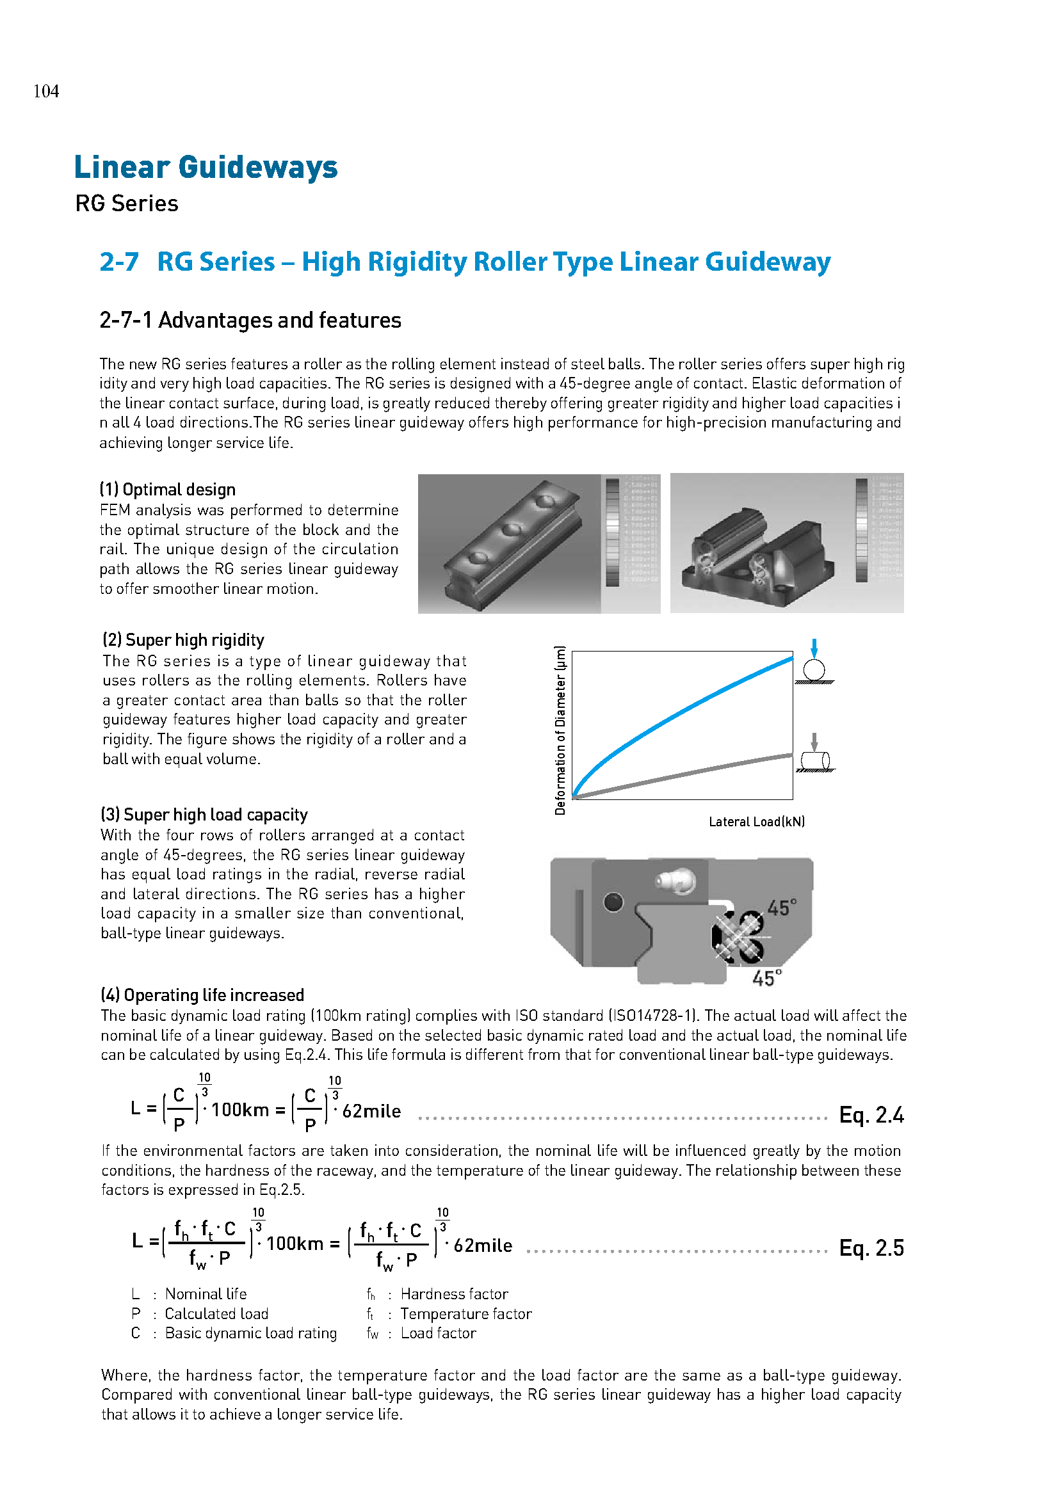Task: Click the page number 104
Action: click(x=46, y=92)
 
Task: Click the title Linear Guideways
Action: click(x=206, y=167)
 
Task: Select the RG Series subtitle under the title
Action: click(x=127, y=204)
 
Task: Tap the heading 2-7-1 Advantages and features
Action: click(x=250, y=320)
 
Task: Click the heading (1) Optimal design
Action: click(x=168, y=490)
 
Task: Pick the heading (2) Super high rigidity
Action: click(x=183, y=639)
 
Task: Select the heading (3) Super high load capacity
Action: click(x=204, y=814)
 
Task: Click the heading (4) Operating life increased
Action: click(x=202, y=995)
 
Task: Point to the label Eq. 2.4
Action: click(x=871, y=1115)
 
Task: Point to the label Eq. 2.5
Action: click(x=871, y=1248)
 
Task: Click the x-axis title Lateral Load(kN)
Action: click(x=756, y=822)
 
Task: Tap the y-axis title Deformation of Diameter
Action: click(x=560, y=730)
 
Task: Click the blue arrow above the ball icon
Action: click(x=814, y=649)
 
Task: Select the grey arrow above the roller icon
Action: click(x=814, y=742)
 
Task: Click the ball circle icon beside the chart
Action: click(x=814, y=669)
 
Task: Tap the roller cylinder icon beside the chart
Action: click(x=815, y=760)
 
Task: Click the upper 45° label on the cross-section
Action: click(x=781, y=908)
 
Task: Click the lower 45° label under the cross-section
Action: click(x=766, y=978)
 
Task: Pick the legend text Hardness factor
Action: click(x=454, y=1294)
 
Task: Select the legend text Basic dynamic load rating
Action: click(x=250, y=1333)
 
